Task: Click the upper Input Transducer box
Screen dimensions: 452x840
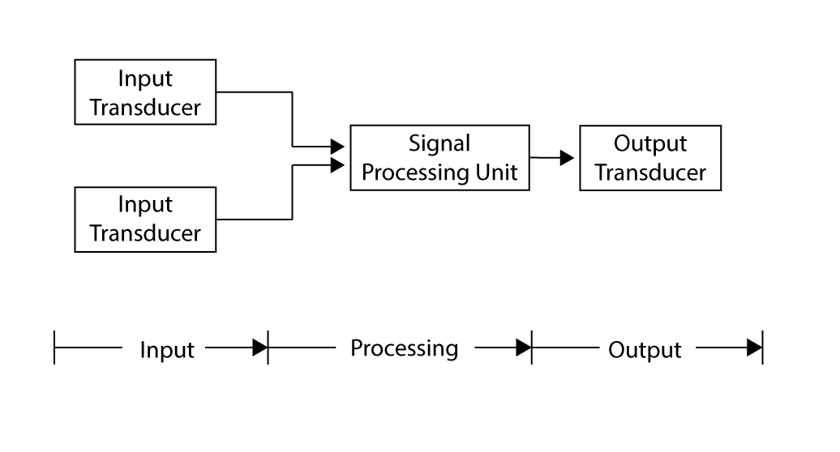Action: point(145,92)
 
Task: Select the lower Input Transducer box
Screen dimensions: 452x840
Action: point(145,220)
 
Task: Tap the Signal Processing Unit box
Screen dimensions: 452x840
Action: point(439,158)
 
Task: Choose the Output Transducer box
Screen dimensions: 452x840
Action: point(650,158)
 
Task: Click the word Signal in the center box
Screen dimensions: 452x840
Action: point(439,144)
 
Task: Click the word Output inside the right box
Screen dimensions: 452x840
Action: point(650,144)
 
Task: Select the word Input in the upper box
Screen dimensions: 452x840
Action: point(145,79)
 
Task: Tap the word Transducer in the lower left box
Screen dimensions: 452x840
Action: point(145,233)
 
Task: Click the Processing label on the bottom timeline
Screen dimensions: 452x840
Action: point(404,348)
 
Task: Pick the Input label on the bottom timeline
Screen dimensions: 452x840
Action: point(167,350)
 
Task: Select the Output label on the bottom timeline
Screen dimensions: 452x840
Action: point(645,350)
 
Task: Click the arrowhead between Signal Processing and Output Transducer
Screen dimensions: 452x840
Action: point(567,158)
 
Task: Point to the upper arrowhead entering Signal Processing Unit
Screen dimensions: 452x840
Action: point(337,147)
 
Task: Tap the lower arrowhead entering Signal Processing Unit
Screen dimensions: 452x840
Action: point(337,166)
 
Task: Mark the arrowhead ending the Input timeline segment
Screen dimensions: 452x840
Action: point(259,348)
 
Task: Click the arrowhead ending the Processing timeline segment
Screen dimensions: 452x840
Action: point(524,348)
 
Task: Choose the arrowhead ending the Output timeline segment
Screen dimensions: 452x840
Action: point(754,348)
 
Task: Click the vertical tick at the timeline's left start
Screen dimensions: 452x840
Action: point(54,348)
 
